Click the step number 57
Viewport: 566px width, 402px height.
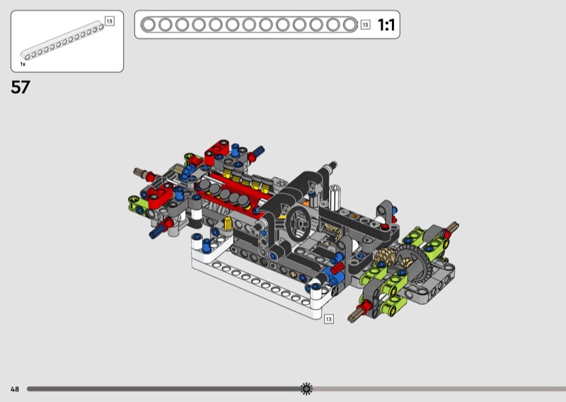point(21,87)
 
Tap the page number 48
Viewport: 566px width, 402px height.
point(15,389)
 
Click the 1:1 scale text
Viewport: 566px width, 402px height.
point(386,25)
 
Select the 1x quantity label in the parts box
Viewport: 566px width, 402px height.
point(23,64)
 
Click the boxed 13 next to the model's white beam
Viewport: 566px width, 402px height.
point(328,319)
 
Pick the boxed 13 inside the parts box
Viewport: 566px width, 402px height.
point(110,21)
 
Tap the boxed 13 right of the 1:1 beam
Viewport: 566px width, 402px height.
point(365,25)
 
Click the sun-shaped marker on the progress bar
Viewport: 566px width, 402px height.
point(306,389)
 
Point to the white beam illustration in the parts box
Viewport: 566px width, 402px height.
point(62,40)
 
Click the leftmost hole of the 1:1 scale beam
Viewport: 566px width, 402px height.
point(149,25)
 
